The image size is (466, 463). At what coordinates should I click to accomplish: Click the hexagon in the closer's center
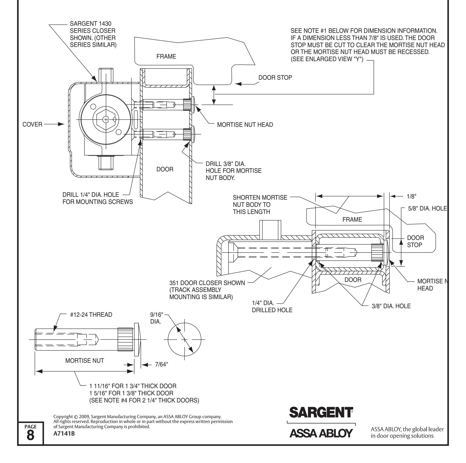(105, 119)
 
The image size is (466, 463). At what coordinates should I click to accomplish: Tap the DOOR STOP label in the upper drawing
(275, 77)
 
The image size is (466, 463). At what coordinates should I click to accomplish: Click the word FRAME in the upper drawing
(166, 57)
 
